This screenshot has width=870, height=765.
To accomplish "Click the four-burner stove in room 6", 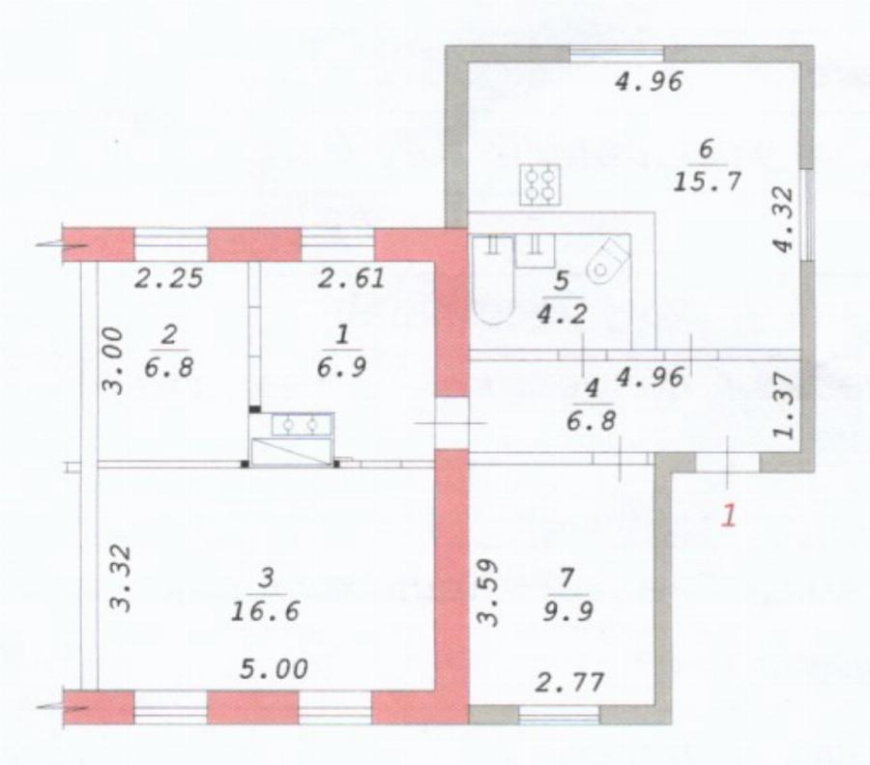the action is [x=539, y=184].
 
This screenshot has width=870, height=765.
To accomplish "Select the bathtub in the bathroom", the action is [x=493, y=280].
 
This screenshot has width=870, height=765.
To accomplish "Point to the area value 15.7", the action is [x=707, y=182].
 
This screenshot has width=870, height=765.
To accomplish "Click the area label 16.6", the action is [x=265, y=610].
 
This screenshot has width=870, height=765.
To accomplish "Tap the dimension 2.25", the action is [x=168, y=278].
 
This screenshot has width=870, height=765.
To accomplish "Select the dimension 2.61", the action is [x=351, y=278].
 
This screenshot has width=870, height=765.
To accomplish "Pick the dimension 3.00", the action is [x=113, y=360].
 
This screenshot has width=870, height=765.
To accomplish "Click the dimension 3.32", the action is [x=121, y=579].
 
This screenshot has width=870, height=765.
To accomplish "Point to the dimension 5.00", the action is [x=274, y=669].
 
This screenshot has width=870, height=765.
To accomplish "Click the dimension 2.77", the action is [x=569, y=682].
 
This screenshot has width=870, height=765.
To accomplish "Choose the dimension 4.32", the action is [x=784, y=220].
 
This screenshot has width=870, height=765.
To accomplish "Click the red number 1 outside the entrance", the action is [x=729, y=516].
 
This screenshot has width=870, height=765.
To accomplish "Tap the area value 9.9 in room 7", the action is [x=568, y=610].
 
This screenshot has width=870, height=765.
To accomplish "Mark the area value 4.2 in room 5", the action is [x=562, y=314].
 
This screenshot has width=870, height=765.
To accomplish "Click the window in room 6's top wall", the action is [x=617, y=54].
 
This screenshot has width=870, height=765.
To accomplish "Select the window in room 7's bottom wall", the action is [x=560, y=715].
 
